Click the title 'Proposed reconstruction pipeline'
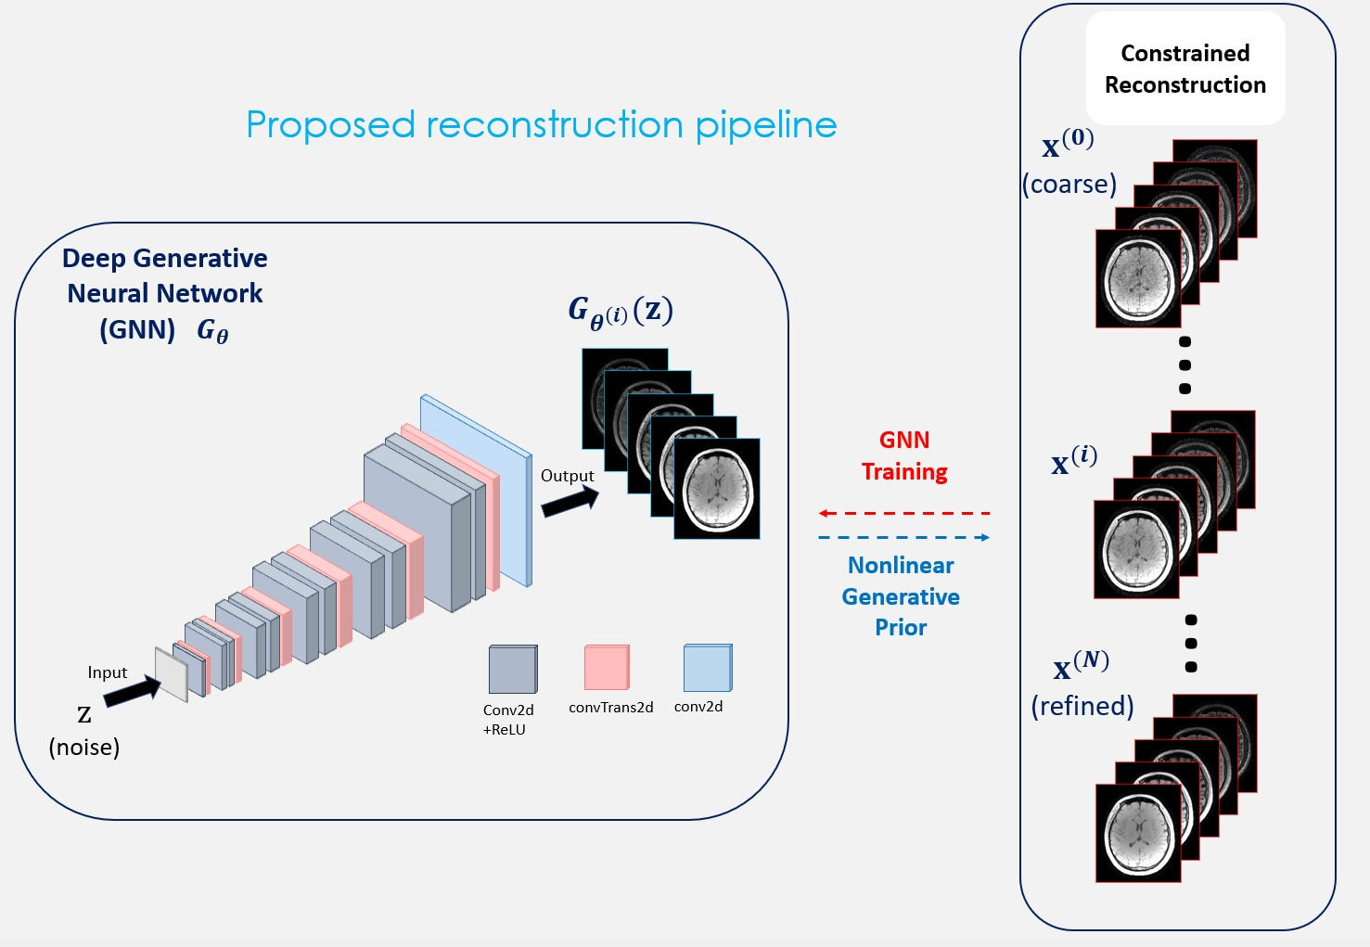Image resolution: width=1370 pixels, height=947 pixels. (542, 125)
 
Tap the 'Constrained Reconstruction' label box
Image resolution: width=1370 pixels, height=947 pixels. (1185, 69)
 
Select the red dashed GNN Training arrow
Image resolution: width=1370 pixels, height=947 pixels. (904, 513)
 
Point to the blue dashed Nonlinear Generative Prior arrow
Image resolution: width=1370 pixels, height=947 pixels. (904, 538)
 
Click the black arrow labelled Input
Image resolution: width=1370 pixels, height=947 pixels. (132, 691)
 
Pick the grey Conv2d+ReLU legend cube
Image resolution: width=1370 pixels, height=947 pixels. (513, 669)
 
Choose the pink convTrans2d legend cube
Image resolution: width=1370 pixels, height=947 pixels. (607, 667)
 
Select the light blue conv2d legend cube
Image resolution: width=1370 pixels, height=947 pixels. (708, 668)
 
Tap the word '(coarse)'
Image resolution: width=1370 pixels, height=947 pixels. (1069, 185)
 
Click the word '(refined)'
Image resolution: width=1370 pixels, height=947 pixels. (1082, 706)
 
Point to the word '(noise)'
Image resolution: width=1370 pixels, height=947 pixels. (84, 747)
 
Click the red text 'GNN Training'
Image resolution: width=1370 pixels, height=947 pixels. (904, 455)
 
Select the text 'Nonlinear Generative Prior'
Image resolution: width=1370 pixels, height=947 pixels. (901, 596)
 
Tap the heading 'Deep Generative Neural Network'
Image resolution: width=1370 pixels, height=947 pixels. (165, 275)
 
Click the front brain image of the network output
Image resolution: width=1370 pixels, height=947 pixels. (717, 489)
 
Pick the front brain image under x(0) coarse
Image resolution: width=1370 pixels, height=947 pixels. (1138, 278)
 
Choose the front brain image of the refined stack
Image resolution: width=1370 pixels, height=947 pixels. (1138, 833)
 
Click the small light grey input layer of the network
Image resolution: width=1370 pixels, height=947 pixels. (172, 674)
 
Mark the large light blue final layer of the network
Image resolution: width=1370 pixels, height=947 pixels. (476, 491)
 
